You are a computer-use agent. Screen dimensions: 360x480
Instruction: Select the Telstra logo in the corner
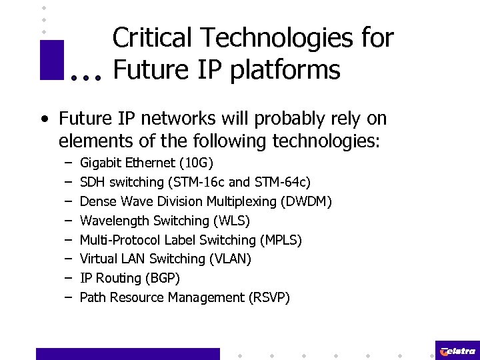click(x=457, y=351)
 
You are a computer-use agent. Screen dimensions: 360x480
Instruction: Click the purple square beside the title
click(x=51, y=60)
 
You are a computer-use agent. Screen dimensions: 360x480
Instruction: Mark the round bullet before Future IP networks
click(x=44, y=120)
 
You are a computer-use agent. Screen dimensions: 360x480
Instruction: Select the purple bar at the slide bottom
click(x=127, y=353)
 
